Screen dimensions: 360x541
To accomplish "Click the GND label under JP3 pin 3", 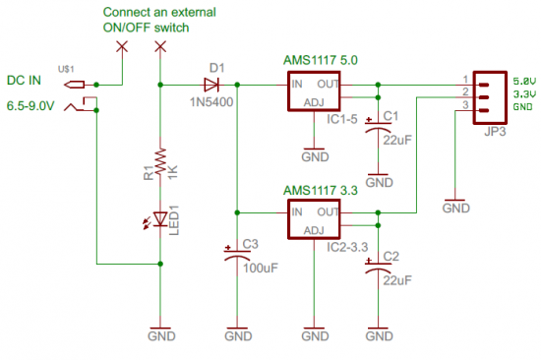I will click(456, 208).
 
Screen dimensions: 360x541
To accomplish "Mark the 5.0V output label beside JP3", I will click(524, 80).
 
